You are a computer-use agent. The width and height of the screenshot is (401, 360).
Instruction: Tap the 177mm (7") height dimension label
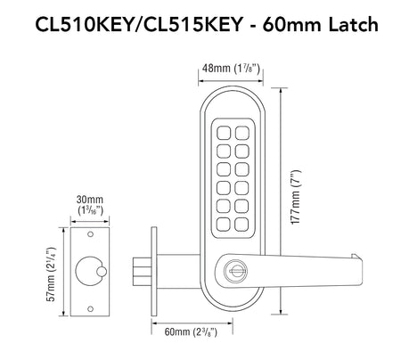point(296,197)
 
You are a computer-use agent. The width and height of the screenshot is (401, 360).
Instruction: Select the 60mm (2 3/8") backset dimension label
point(191,331)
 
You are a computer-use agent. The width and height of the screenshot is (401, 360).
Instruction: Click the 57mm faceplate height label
point(51,274)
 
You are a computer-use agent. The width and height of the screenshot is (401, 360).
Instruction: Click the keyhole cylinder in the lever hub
point(233,271)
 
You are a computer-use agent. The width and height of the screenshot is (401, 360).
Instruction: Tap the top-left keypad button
point(224,133)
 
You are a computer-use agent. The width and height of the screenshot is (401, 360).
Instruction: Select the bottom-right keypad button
point(241,225)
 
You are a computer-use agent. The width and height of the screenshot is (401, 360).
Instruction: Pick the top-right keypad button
point(242,133)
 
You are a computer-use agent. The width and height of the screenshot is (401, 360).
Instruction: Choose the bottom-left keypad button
point(224,225)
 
